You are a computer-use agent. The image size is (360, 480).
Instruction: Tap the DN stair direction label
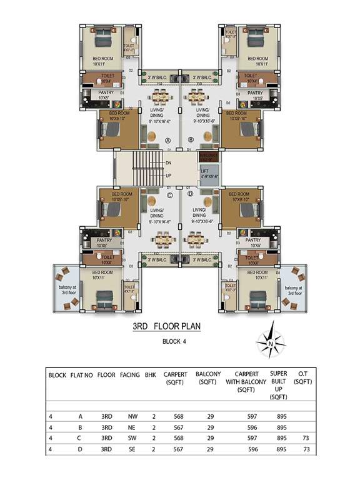pos(168,162)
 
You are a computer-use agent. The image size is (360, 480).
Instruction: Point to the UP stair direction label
pos(168,175)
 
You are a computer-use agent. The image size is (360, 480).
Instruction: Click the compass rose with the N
pos(269,344)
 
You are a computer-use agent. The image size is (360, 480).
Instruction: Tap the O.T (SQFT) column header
pos(302,379)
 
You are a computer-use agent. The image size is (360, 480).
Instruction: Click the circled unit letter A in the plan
pos(167,140)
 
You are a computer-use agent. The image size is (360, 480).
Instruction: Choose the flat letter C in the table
pos(80,439)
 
